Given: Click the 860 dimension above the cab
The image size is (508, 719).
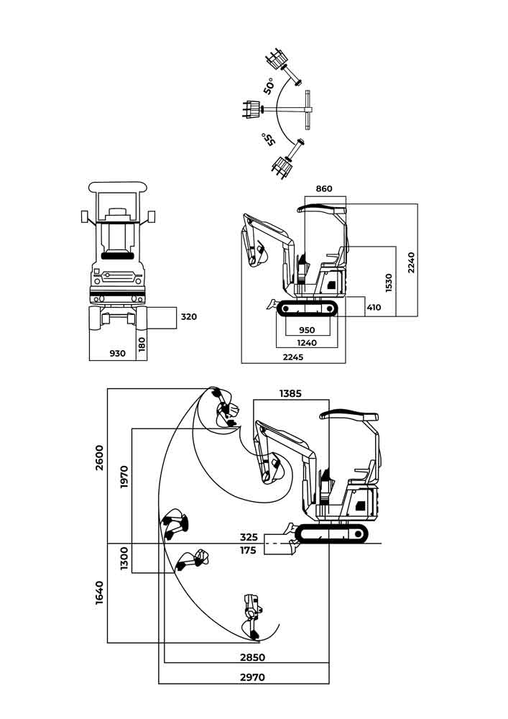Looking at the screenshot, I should click(324, 189).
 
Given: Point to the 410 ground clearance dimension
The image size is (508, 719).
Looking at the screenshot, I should click(374, 308).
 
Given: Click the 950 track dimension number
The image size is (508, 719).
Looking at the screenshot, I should click(307, 331).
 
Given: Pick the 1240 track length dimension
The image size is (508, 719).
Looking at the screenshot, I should click(307, 343).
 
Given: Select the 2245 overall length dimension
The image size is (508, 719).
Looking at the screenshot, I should click(292, 357).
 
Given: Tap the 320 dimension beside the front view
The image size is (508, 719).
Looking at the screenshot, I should click(188, 316).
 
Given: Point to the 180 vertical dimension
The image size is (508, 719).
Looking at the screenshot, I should click(142, 344).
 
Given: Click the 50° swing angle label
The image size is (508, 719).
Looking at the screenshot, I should click(269, 86).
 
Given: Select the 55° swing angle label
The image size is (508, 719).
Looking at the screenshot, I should click(269, 139).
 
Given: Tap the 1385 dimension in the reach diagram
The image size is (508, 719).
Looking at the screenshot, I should click(291, 393).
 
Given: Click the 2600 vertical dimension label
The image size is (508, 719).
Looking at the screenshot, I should click(100, 457).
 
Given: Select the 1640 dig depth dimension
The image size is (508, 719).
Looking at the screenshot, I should click(100, 592).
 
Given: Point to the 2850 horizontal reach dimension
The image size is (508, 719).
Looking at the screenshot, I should click(252, 657).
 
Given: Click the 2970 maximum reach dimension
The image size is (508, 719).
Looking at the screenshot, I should click(252, 677).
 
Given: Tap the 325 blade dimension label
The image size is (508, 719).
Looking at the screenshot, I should click(249, 537).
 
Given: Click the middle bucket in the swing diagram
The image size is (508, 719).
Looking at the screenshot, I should click(251, 110).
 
